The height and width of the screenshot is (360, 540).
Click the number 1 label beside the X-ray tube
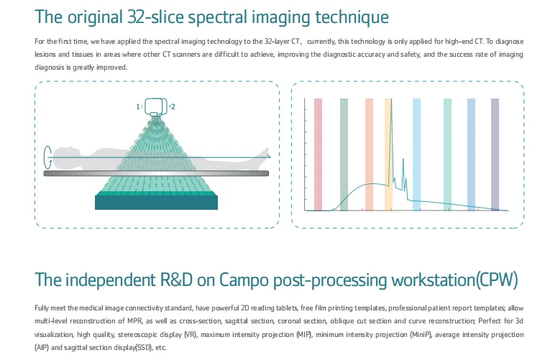[x=138, y=106]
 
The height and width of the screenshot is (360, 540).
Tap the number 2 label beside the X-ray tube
[x=173, y=106]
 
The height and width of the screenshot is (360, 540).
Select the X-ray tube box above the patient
[x=156, y=107]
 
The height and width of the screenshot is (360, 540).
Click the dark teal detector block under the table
[x=156, y=203]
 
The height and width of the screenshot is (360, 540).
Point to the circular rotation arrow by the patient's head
[x=47, y=157]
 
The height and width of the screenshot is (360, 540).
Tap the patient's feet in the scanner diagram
[x=265, y=153]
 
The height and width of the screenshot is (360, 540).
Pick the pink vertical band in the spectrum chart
[x=319, y=154]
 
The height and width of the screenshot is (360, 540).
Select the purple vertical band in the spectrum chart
[x=495, y=154]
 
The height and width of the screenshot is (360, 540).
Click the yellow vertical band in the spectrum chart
[x=388, y=154]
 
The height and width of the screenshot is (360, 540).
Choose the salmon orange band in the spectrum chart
[x=369, y=154]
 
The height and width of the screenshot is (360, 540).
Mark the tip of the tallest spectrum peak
[x=392, y=99]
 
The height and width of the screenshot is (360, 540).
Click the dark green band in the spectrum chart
[x=344, y=154]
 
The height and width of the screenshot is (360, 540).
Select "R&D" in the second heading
[x=176, y=280]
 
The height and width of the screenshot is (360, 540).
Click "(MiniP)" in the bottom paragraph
[x=421, y=335]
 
